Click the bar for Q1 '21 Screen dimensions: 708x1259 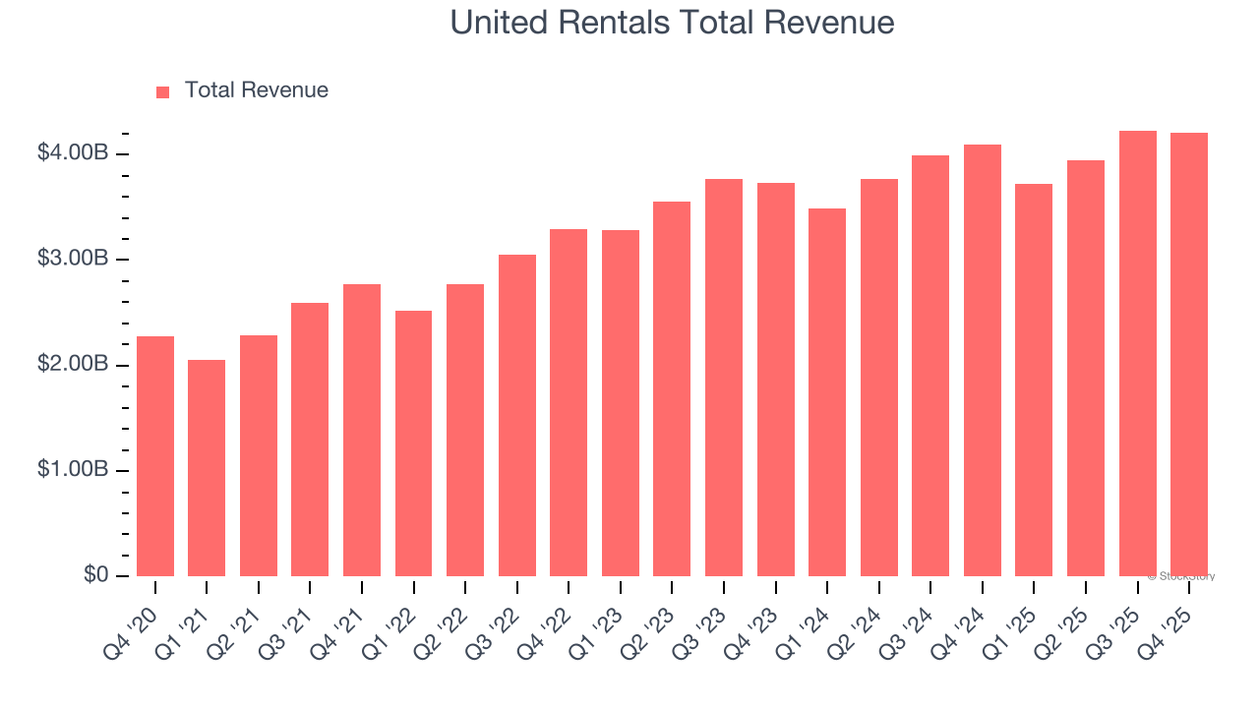(207, 468)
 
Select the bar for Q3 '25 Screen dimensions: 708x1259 (1137, 354)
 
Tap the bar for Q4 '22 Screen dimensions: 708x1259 (569, 403)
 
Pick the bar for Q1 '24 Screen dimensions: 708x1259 (827, 392)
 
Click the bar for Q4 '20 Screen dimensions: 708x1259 (155, 456)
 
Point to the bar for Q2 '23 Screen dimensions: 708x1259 (672, 389)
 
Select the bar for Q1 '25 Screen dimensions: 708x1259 (1034, 381)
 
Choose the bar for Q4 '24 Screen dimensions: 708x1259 (983, 361)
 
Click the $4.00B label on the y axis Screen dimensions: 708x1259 (73, 153)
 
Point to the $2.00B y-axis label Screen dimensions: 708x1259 (73, 365)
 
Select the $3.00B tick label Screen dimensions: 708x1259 (73, 260)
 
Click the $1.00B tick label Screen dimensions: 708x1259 (73, 470)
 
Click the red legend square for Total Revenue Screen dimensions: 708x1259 (163, 91)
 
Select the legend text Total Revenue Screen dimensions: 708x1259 (257, 90)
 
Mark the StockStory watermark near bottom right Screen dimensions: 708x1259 (1181, 576)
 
